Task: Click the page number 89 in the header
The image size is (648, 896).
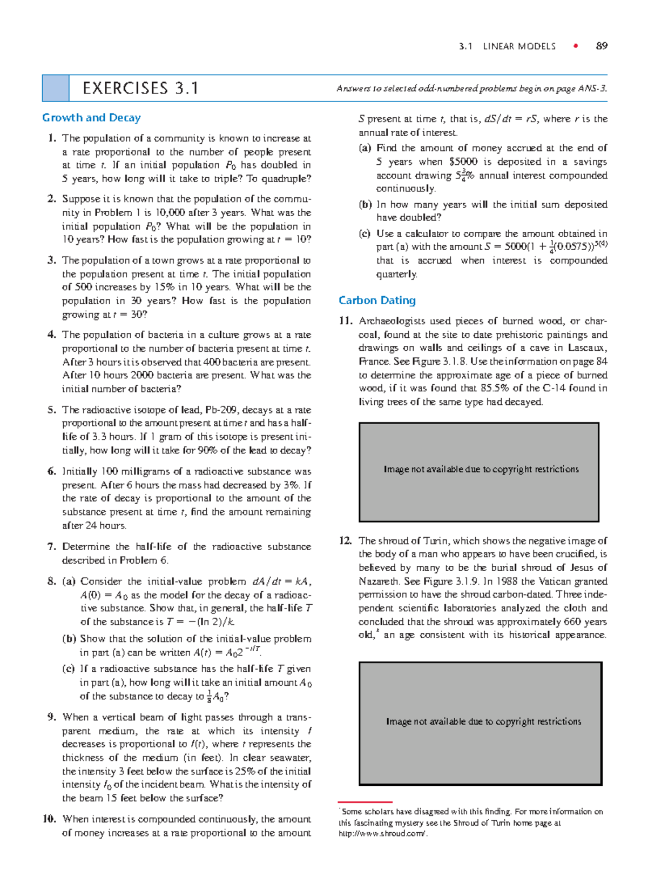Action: (x=602, y=46)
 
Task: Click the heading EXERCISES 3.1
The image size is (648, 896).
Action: (x=140, y=88)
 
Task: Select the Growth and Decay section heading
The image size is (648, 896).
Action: (x=91, y=118)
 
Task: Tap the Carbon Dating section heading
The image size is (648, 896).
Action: (x=377, y=300)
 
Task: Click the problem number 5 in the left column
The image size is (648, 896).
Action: (x=52, y=410)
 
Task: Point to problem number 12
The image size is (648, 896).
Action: (x=346, y=540)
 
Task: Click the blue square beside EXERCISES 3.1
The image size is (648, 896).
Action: (x=56, y=88)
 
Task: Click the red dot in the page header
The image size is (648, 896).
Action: (x=576, y=46)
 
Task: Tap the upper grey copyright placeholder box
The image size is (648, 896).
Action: (x=479, y=472)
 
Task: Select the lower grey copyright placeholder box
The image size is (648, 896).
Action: (x=480, y=723)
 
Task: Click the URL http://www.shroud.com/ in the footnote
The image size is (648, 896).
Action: (x=383, y=833)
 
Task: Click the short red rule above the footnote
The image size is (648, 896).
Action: (x=365, y=802)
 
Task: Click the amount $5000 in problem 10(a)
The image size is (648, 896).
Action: (x=463, y=162)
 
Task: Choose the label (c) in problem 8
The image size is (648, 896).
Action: (x=69, y=669)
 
